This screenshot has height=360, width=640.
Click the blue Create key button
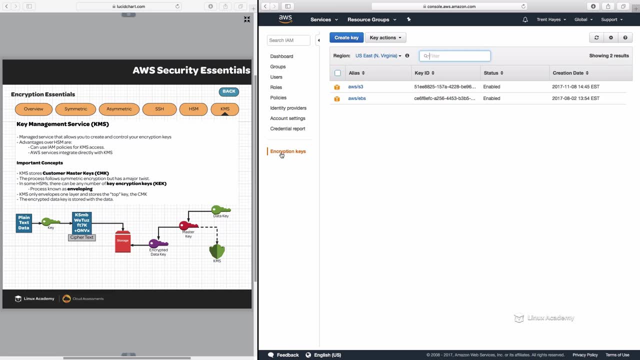tap(346, 37)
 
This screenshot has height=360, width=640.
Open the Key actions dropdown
tap(385, 37)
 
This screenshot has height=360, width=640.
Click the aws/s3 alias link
tap(355, 86)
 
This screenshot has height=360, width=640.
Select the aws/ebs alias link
tap(357, 98)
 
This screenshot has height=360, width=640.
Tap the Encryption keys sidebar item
tap(288, 151)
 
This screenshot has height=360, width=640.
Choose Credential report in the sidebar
tap(287, 128)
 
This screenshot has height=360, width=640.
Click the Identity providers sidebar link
tap(288, 108)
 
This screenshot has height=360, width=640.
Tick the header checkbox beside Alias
tap(337, 73)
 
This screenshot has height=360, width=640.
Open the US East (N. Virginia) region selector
tap(378, 56)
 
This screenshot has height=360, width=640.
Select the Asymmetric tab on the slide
tap(119, 109)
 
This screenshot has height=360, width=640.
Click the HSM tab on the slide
tap(193, 109)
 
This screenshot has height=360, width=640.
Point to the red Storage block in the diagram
tap(123, 241)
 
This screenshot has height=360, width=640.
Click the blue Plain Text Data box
tap(24, 223)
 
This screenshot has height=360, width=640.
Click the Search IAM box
tap(288, 40)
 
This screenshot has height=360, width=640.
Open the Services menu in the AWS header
tap(323, 19)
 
